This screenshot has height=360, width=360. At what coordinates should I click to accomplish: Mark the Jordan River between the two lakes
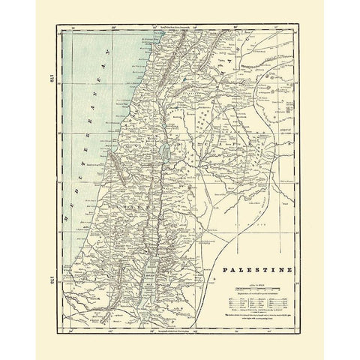pyautogui.click(x=157, y=202)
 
